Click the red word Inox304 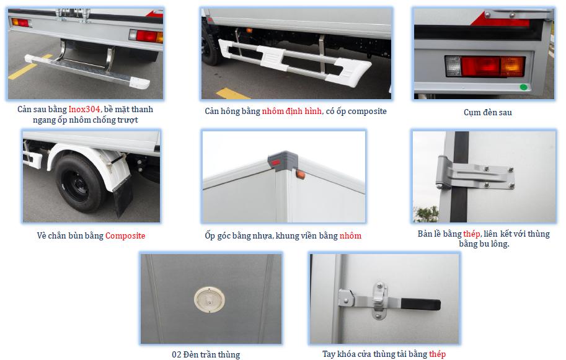coord(84,109)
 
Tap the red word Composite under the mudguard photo coord(125,236)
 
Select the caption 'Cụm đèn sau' coord(488,113)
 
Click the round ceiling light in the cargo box coord(210,300)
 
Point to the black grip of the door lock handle coord(420,304)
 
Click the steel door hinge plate coord(475,173)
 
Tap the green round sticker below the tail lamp coord(523,87)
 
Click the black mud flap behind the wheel coord(122,196)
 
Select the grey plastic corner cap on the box coord(283,160)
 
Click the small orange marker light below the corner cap coord(300,175)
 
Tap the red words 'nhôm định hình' coord(291,111)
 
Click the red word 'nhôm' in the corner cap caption coord(350,236)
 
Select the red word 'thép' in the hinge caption coord(471,234)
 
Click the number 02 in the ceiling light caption coord(177,354)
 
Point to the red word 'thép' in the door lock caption coord(438,354)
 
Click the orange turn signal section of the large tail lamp coord(512,67)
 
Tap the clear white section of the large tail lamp coord(453,66)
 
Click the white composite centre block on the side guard coord(273,57)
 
